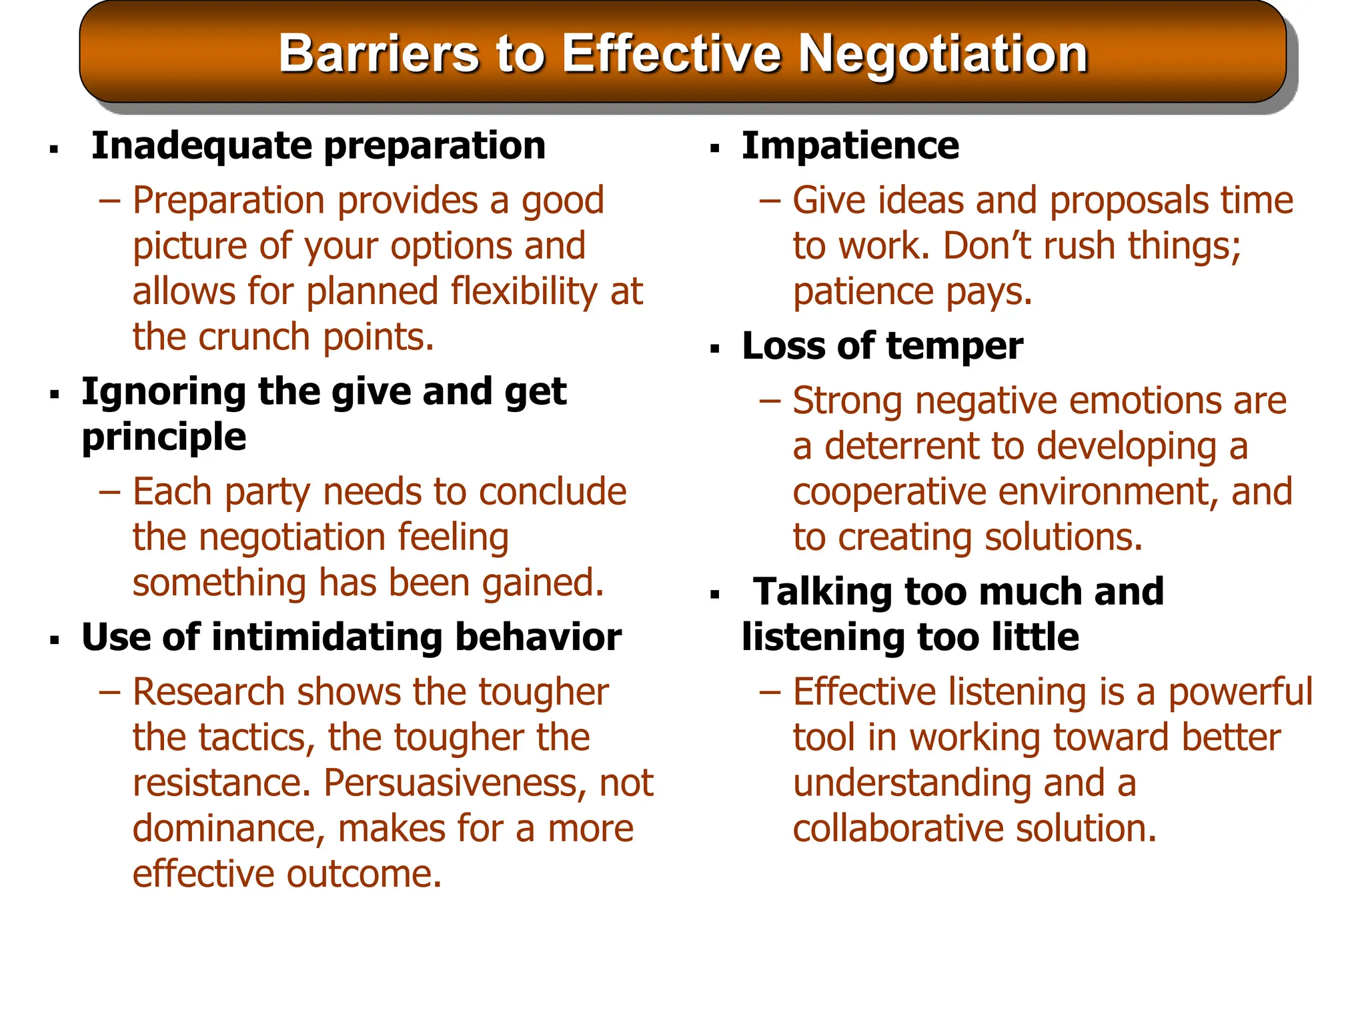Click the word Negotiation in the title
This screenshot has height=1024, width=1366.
click(x=943, y=53)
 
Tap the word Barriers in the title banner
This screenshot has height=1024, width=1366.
click(x=378, y=53)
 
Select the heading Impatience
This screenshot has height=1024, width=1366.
click(x=850, y=145)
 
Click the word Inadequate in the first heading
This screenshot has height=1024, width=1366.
click(x=201, y=145)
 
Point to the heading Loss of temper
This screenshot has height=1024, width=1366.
click(x=882, y=346)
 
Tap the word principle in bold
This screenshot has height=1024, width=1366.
click(x=164, y=438)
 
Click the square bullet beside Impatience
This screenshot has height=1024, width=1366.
click(x=715, y=149)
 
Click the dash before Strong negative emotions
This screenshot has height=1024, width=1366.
click(x=769, y=401)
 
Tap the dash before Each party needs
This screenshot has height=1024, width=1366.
click(x=109, y=492)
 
